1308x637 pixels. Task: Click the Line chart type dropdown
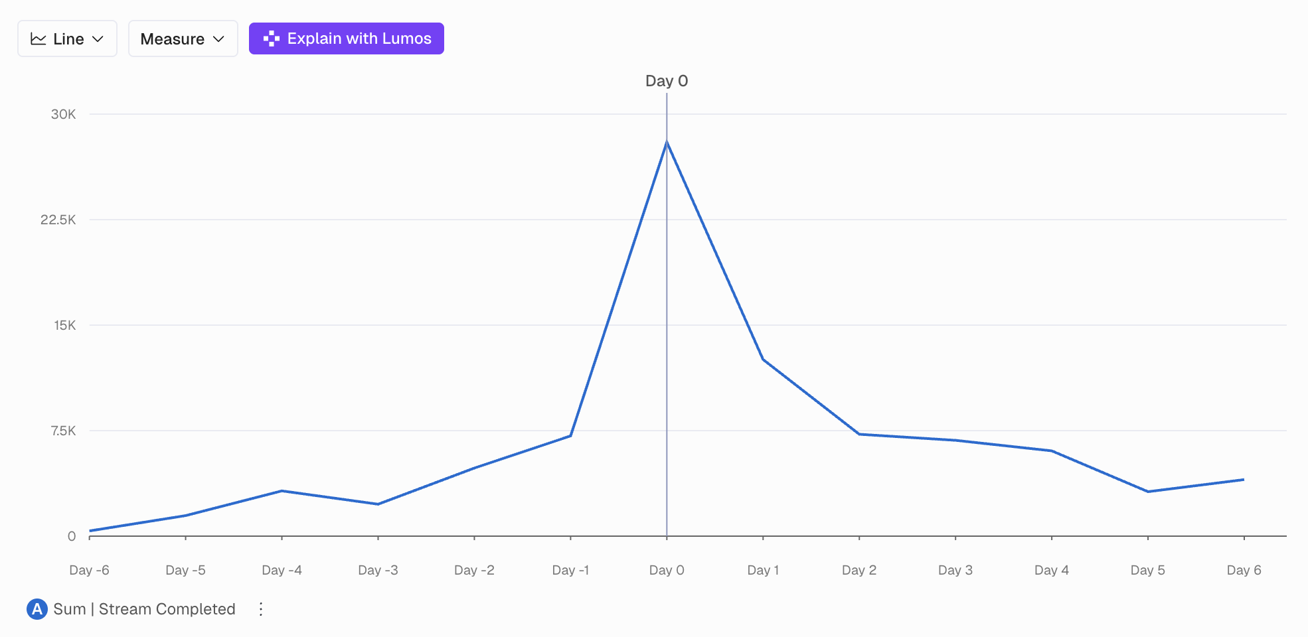pos(67,39)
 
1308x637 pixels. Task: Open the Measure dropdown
pos(183,39)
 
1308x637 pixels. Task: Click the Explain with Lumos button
pos(346,38)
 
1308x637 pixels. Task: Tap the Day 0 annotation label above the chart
pos(666,81)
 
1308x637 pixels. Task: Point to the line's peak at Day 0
pos(667,142)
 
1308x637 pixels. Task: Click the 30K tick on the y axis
pos(64,114)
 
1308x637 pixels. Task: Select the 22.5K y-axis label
pos(58,220)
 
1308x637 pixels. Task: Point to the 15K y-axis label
pos(65,325)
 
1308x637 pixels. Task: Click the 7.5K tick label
pos(64,431)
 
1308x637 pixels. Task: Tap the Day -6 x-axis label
pos(89,570)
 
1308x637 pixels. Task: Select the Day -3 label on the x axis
pos(378,570)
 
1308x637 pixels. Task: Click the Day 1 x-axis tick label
pos(763,570)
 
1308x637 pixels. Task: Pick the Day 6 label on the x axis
pos(1244,570)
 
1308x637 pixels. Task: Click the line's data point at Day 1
pos(763,360)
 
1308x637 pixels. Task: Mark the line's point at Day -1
pos(570,435)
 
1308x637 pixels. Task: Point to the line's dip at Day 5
pos(1148,492)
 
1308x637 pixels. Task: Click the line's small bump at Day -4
pos(282,491)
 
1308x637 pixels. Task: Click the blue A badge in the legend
pos(37,609)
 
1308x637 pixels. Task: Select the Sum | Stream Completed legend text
pos(144,609)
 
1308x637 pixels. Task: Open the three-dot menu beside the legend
pos(261,609)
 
